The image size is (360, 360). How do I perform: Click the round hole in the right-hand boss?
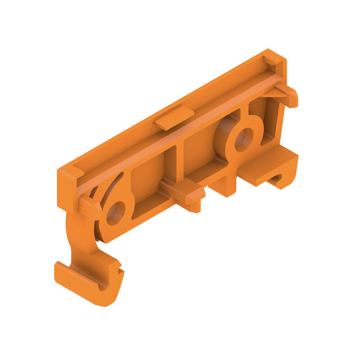tap(243, 139)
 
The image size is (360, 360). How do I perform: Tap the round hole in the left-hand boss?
tap(115, 213)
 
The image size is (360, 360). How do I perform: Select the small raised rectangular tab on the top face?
tap(174, 118)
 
